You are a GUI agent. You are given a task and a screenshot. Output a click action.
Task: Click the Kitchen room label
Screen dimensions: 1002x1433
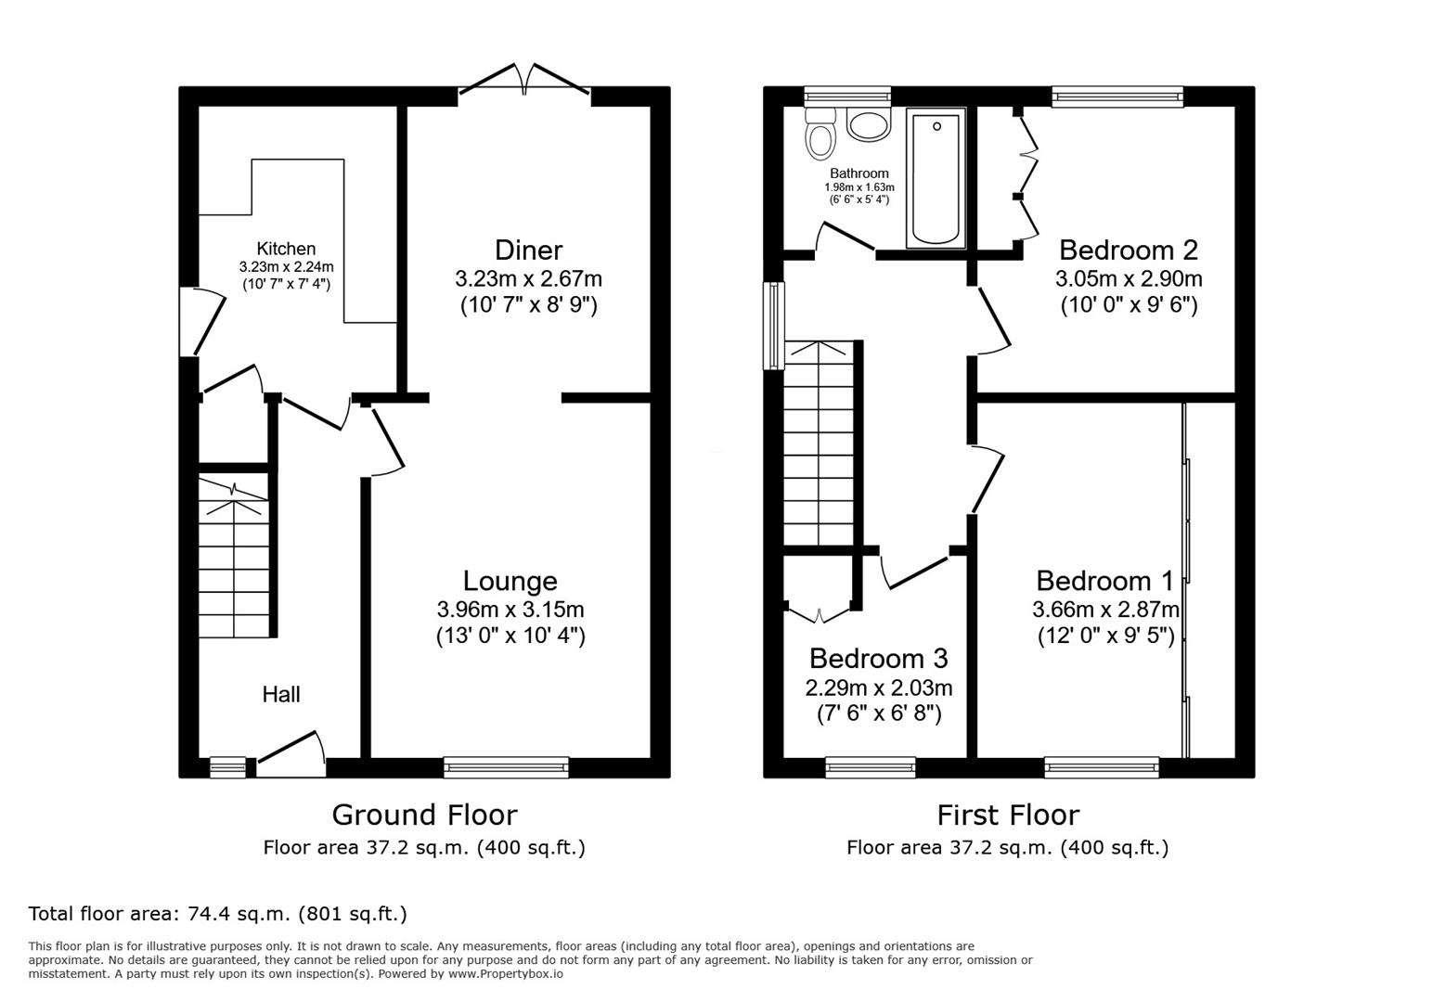286,249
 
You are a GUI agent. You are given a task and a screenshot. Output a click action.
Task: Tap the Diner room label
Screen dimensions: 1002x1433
528,250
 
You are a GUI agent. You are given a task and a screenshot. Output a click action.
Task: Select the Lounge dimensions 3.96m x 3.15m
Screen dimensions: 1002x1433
510,610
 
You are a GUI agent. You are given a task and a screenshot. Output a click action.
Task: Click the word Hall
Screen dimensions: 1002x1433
280,694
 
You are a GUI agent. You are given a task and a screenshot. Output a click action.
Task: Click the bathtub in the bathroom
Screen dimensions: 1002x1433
936,178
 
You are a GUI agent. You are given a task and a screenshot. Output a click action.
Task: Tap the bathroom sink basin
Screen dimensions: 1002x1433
869,125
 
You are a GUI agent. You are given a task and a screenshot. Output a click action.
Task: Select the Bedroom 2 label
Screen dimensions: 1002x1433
1128,250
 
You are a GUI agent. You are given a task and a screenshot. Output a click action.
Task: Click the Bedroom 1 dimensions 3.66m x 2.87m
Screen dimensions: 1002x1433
1105,610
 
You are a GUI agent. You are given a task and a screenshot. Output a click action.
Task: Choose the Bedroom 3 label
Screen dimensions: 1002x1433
878,659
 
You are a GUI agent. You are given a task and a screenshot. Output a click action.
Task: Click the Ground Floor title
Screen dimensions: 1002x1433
424,815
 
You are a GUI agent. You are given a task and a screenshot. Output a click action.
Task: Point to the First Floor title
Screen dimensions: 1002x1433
1007,815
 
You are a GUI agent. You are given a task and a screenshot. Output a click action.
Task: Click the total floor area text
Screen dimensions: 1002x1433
218,914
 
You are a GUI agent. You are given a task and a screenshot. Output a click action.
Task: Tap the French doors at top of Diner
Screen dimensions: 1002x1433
525,81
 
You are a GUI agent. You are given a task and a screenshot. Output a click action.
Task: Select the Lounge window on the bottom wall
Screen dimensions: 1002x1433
506,766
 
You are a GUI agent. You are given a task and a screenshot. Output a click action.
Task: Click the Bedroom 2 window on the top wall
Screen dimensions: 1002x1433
1117,96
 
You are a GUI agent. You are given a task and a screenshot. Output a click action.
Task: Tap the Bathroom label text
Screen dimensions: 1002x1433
859,173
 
